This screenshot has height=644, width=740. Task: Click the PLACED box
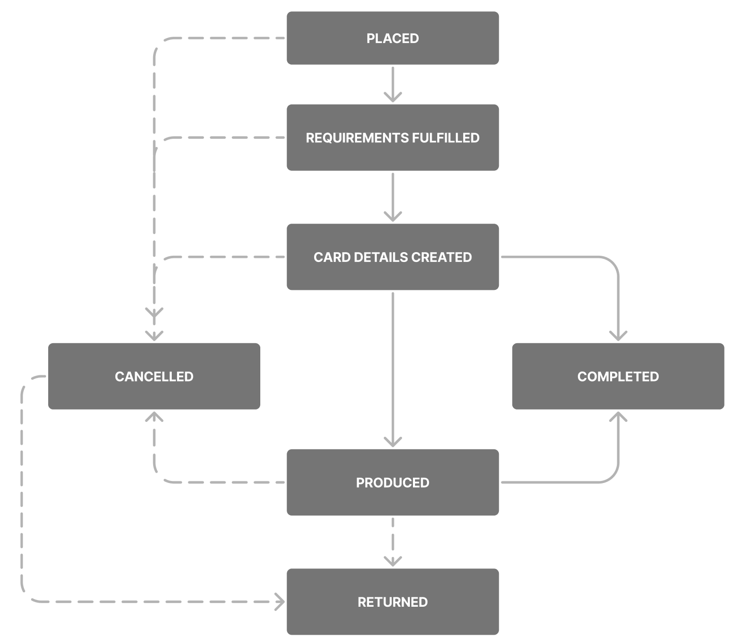[393, 38]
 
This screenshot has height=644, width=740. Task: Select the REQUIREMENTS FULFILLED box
[393, 138]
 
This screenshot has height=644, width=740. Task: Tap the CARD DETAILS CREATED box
[393, 257]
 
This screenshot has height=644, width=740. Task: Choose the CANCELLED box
[154, 376]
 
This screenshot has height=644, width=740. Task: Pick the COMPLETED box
[618, 376]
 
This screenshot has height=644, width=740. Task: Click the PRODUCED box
[393, 482]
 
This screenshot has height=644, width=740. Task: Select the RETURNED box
[393, 602]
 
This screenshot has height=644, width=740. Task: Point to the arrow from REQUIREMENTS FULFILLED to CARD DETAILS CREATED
[393, 197]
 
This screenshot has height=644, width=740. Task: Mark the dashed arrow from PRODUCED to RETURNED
[393, 541]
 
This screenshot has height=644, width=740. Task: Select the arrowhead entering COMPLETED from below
[618, 417]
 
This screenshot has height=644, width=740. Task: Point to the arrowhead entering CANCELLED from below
[154, 417]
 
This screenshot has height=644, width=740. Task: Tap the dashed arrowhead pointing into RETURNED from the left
[280, 602]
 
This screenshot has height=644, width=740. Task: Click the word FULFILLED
[446, 138]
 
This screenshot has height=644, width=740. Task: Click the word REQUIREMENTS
[357, 138]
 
